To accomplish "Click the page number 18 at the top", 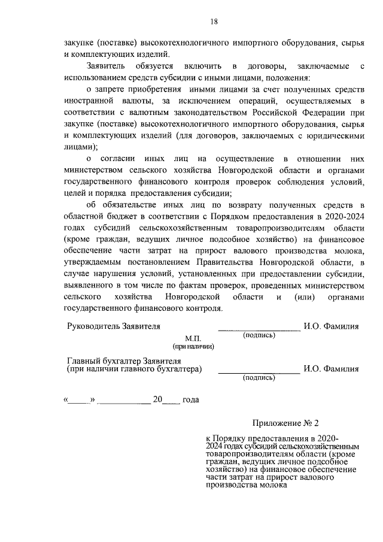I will coord(214,22).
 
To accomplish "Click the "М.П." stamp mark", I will coord(193,338).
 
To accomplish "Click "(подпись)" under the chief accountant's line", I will coord(259,378).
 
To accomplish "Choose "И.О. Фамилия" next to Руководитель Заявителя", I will coord(331,326).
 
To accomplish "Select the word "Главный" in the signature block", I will coord(83,361).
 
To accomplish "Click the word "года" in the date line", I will coord(190,399).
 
